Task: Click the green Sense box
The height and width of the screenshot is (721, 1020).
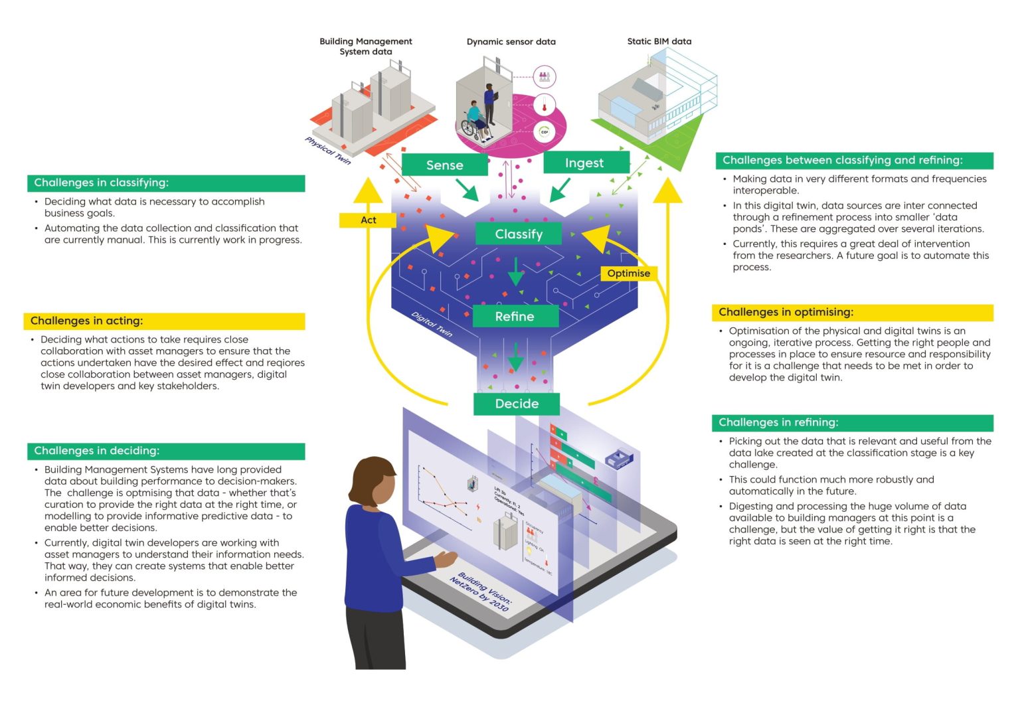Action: coord(444,165)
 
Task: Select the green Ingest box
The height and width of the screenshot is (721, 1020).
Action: coord(585,163)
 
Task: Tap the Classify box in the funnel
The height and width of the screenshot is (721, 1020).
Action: coord(519,234)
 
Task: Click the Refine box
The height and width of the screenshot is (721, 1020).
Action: coord(515,317)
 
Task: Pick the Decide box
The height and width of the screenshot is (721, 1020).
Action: coord(517,404)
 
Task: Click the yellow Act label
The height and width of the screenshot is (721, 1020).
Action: coord(368,220)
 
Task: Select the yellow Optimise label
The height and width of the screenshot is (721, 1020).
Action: coord(628,273)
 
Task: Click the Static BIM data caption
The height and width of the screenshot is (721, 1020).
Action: coord(659,41)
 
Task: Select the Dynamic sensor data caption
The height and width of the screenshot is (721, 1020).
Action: coord(511,41)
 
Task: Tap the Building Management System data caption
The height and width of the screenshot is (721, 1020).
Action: coord(365,46)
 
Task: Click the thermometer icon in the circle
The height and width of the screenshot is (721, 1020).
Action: coord(544,104)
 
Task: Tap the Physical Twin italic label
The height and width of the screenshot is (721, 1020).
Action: coord(327,150)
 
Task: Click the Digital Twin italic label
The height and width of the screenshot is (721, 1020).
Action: coord(432,324)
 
